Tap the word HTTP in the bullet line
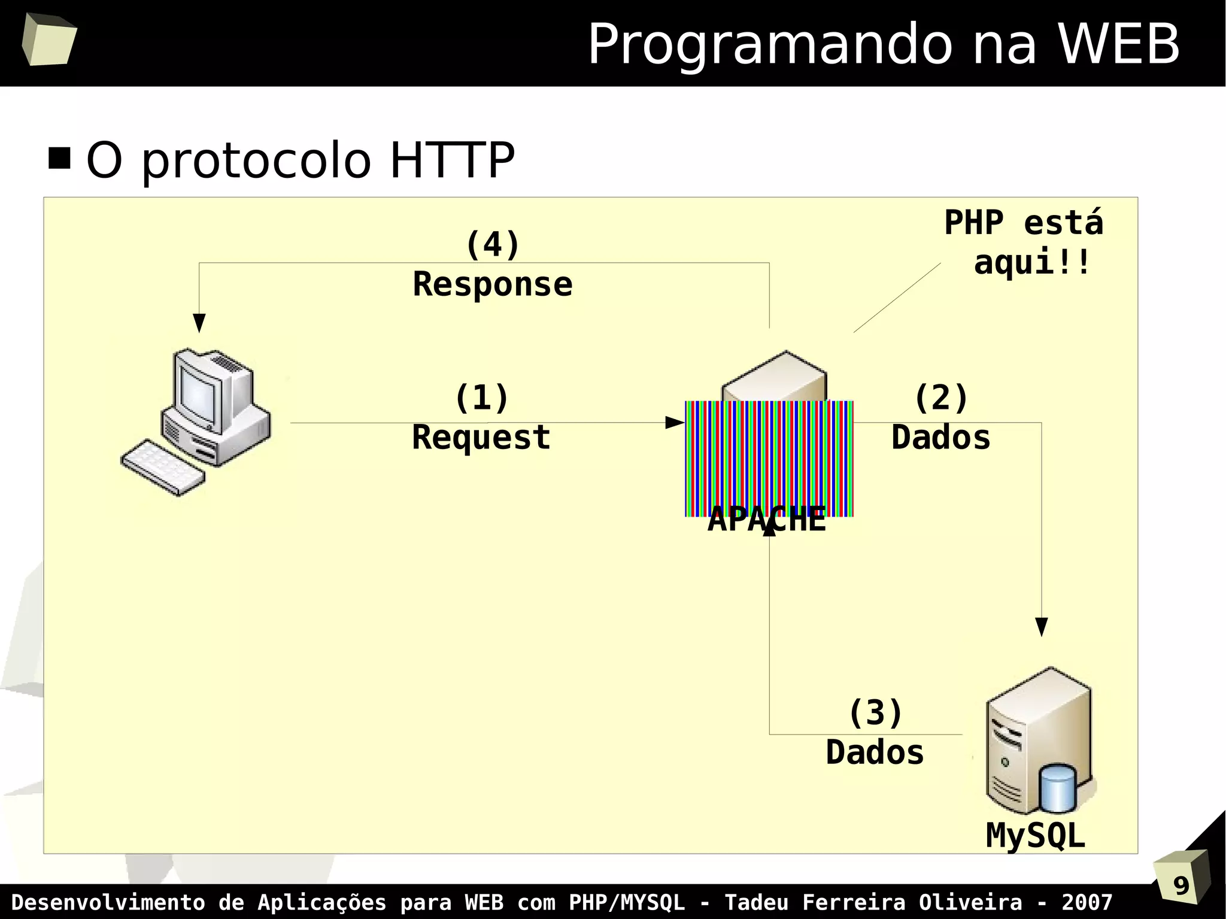pos(452,160)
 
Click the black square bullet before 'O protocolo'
pos(59,159)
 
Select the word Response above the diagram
pos(492,284)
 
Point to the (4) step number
pos(492,245)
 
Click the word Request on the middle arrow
pos(481,438)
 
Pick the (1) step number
pos(481,398)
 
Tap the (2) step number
pos(940,398)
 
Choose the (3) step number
pos(875,713)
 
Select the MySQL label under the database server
pos(1035,836)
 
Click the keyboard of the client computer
pos(163,468)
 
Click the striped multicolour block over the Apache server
pos(769,458)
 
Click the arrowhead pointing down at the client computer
pos(199,323)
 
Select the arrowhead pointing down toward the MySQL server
pos(1041,627)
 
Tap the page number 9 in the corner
pos(1181,885)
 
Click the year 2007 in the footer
pos(1087,902)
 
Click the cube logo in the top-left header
pos(49,40)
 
